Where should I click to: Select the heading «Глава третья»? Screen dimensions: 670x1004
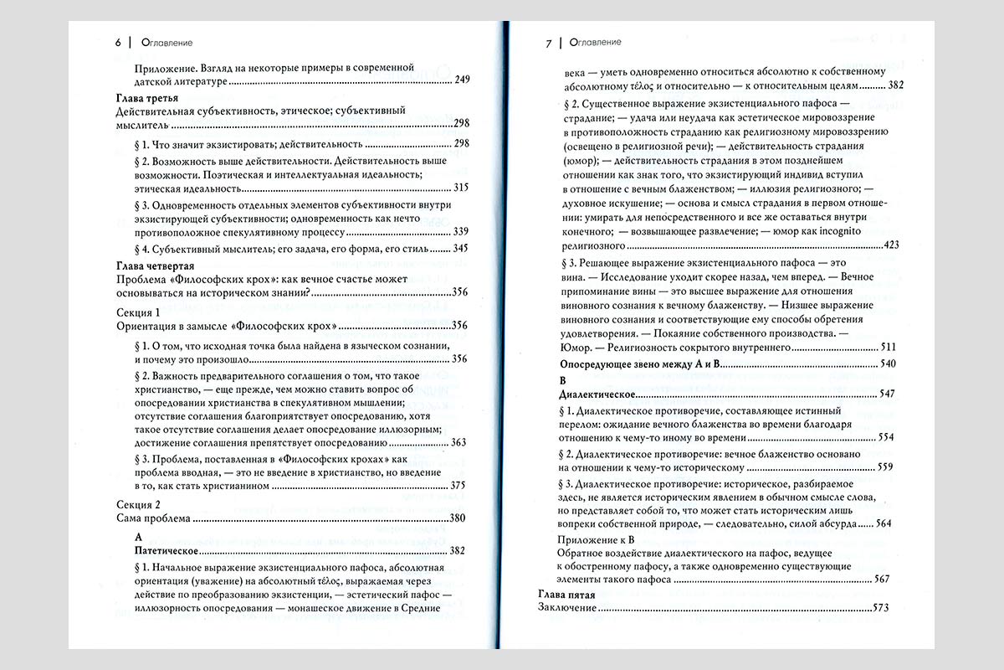(x=150, y=98)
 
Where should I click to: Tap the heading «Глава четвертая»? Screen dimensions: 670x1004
(x=159, y=265)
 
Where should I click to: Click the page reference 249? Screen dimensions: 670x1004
(x=463, y=80)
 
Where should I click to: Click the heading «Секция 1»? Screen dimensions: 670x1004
(x=136, y=312)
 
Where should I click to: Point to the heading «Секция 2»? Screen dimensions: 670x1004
(x=136, y=505)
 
